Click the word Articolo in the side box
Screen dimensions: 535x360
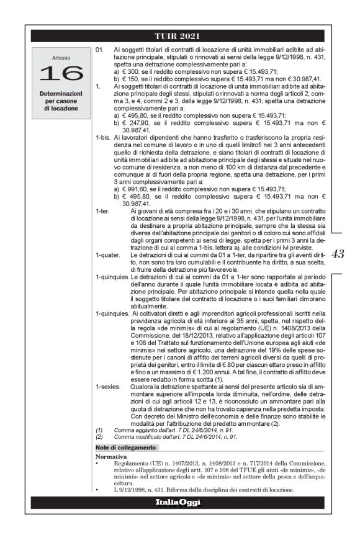tap(61, 58)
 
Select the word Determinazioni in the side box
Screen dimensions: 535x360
tap(61, 93)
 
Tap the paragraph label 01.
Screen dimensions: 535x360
tap(100, 48)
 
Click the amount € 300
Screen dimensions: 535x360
tap(129, 71)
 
